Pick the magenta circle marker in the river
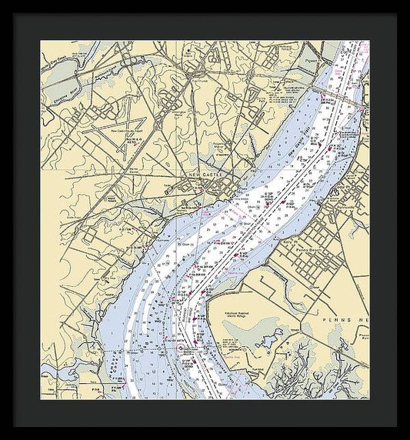pos(182,348)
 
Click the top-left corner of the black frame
pos(2,2)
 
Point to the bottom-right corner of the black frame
pos(408,438)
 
